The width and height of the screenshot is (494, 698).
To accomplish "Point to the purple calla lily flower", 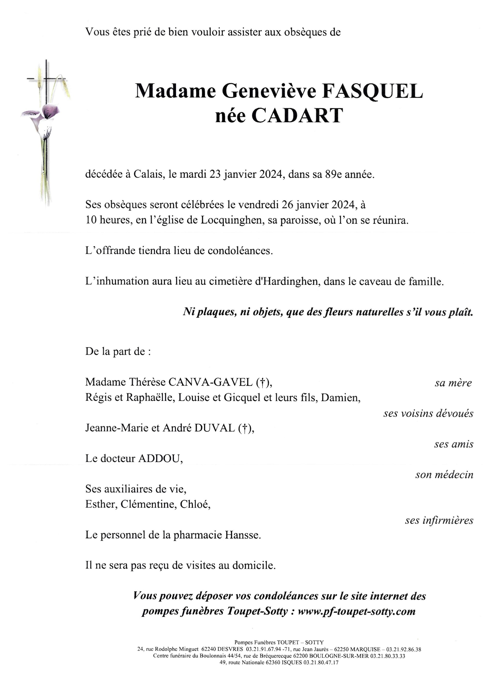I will point(49,112).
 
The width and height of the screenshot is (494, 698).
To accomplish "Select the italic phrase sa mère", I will point(453,383).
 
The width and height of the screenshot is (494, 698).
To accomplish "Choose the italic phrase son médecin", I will point(444,475).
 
